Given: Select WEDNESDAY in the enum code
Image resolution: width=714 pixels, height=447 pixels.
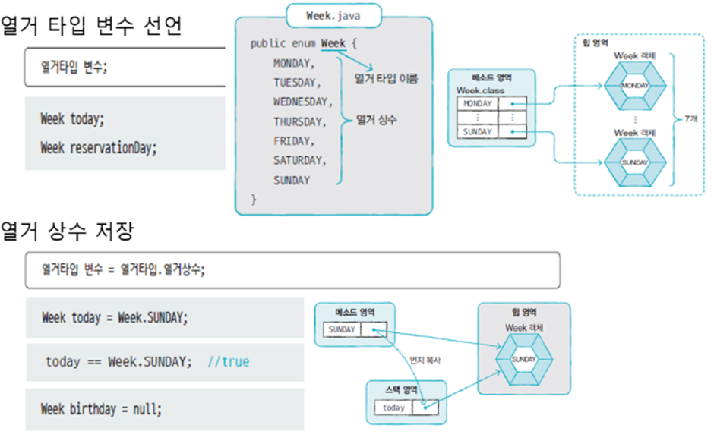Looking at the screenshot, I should coord(303,102).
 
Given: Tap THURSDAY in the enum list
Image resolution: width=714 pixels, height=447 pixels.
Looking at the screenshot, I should coord(299,121).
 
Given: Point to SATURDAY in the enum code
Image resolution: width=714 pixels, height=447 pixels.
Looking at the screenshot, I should coord(299,161).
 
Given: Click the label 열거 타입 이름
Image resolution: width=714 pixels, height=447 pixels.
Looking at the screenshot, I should coord(387,78).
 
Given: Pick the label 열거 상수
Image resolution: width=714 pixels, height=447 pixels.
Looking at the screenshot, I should coord(377,120).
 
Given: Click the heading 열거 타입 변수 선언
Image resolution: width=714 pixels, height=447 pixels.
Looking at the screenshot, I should coord(91,26).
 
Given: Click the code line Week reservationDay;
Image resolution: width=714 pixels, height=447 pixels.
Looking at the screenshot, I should coord(99,147).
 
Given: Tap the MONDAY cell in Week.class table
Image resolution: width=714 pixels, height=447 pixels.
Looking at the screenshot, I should coord(477,104).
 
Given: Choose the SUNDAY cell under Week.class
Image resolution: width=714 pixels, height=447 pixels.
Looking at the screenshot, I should coord(477,132).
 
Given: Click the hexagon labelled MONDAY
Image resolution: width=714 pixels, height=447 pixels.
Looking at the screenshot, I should coord(634,86).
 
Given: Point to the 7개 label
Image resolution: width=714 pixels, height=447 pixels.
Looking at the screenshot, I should coord(690,120).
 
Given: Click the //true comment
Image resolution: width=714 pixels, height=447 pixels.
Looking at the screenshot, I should coord(229,361).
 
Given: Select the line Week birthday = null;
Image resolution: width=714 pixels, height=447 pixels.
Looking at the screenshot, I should coord(101,409).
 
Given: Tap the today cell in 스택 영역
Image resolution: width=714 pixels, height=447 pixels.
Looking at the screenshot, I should coord(393,408).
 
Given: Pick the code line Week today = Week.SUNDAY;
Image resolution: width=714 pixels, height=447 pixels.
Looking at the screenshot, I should coord(112,318).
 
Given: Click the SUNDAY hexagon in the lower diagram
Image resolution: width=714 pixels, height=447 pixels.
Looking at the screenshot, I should coord(523,358).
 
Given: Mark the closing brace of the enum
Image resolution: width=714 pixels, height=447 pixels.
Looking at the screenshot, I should coord(254,200).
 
